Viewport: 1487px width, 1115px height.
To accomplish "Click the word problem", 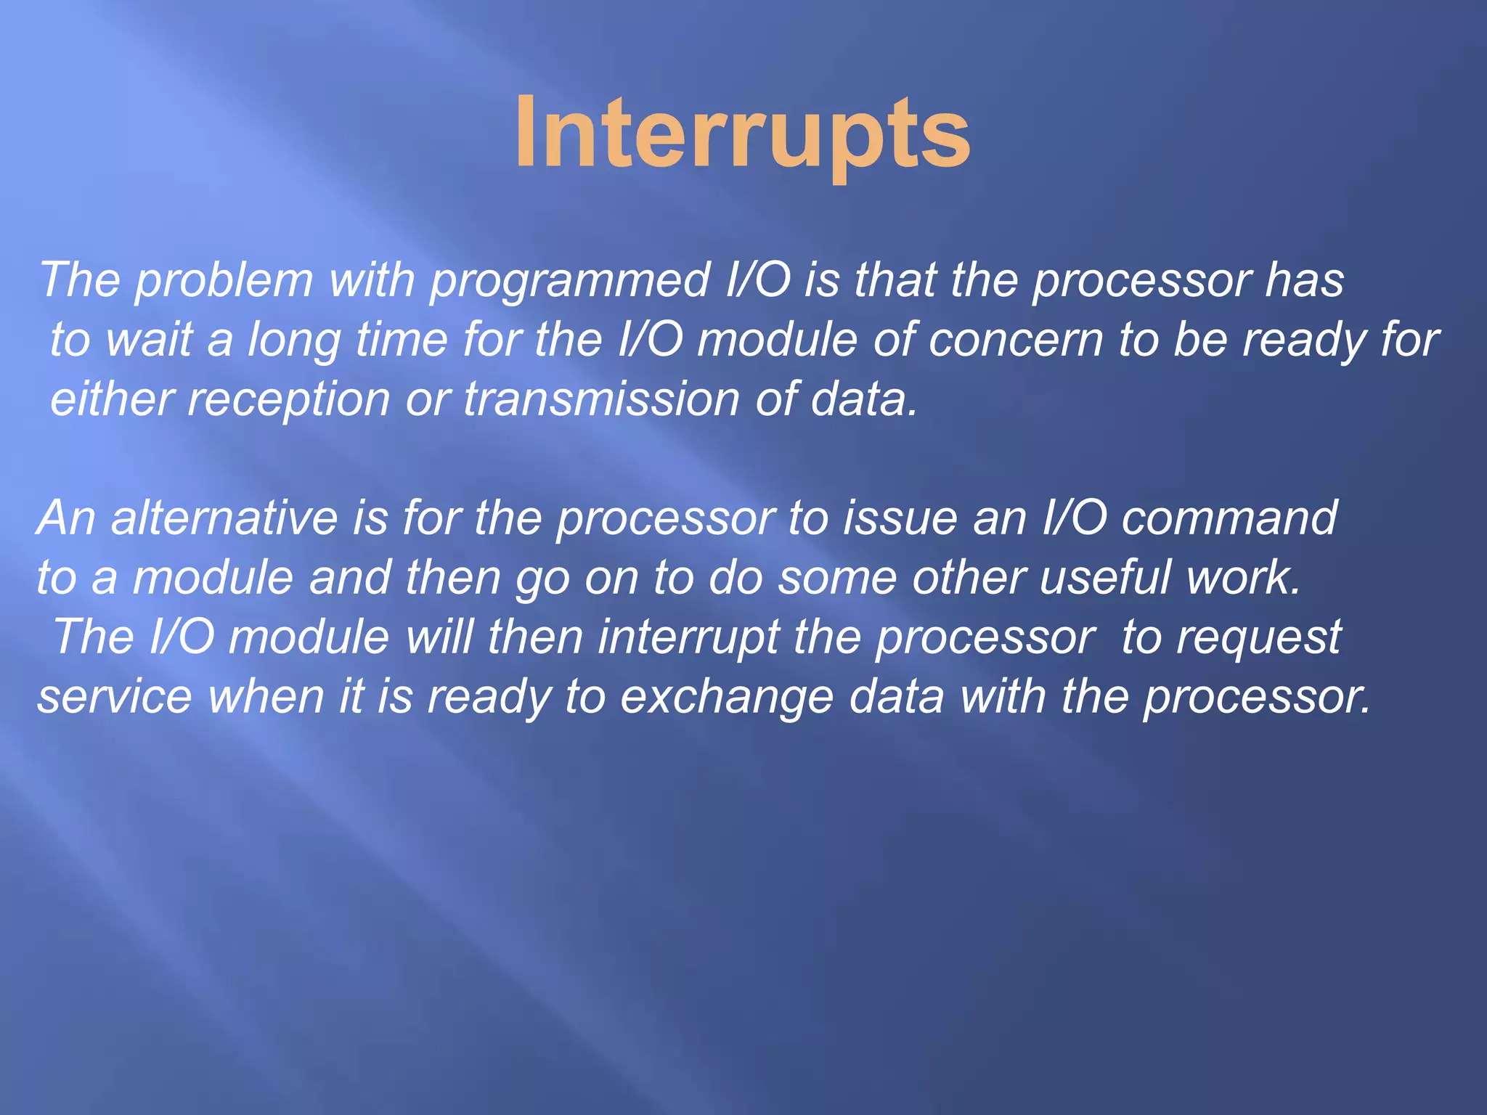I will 224,282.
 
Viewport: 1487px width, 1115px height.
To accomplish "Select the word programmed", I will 571,282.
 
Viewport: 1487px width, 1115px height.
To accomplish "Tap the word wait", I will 149,340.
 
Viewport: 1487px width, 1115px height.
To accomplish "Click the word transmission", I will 601,399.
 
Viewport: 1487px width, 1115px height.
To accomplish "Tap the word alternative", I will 224,518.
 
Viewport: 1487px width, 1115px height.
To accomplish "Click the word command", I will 1229,518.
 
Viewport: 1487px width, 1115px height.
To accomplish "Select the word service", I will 114,697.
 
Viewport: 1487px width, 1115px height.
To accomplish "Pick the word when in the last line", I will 266,697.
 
